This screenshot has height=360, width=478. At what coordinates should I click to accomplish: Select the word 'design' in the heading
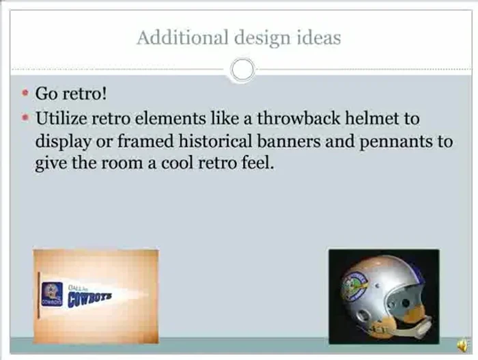pyautogui.click(x=253, y=38)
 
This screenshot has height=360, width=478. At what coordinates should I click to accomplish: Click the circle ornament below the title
pyautogui.click(x=242, y=69)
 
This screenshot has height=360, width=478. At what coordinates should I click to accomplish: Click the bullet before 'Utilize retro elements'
pyautogui.click(x=26, y=118)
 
